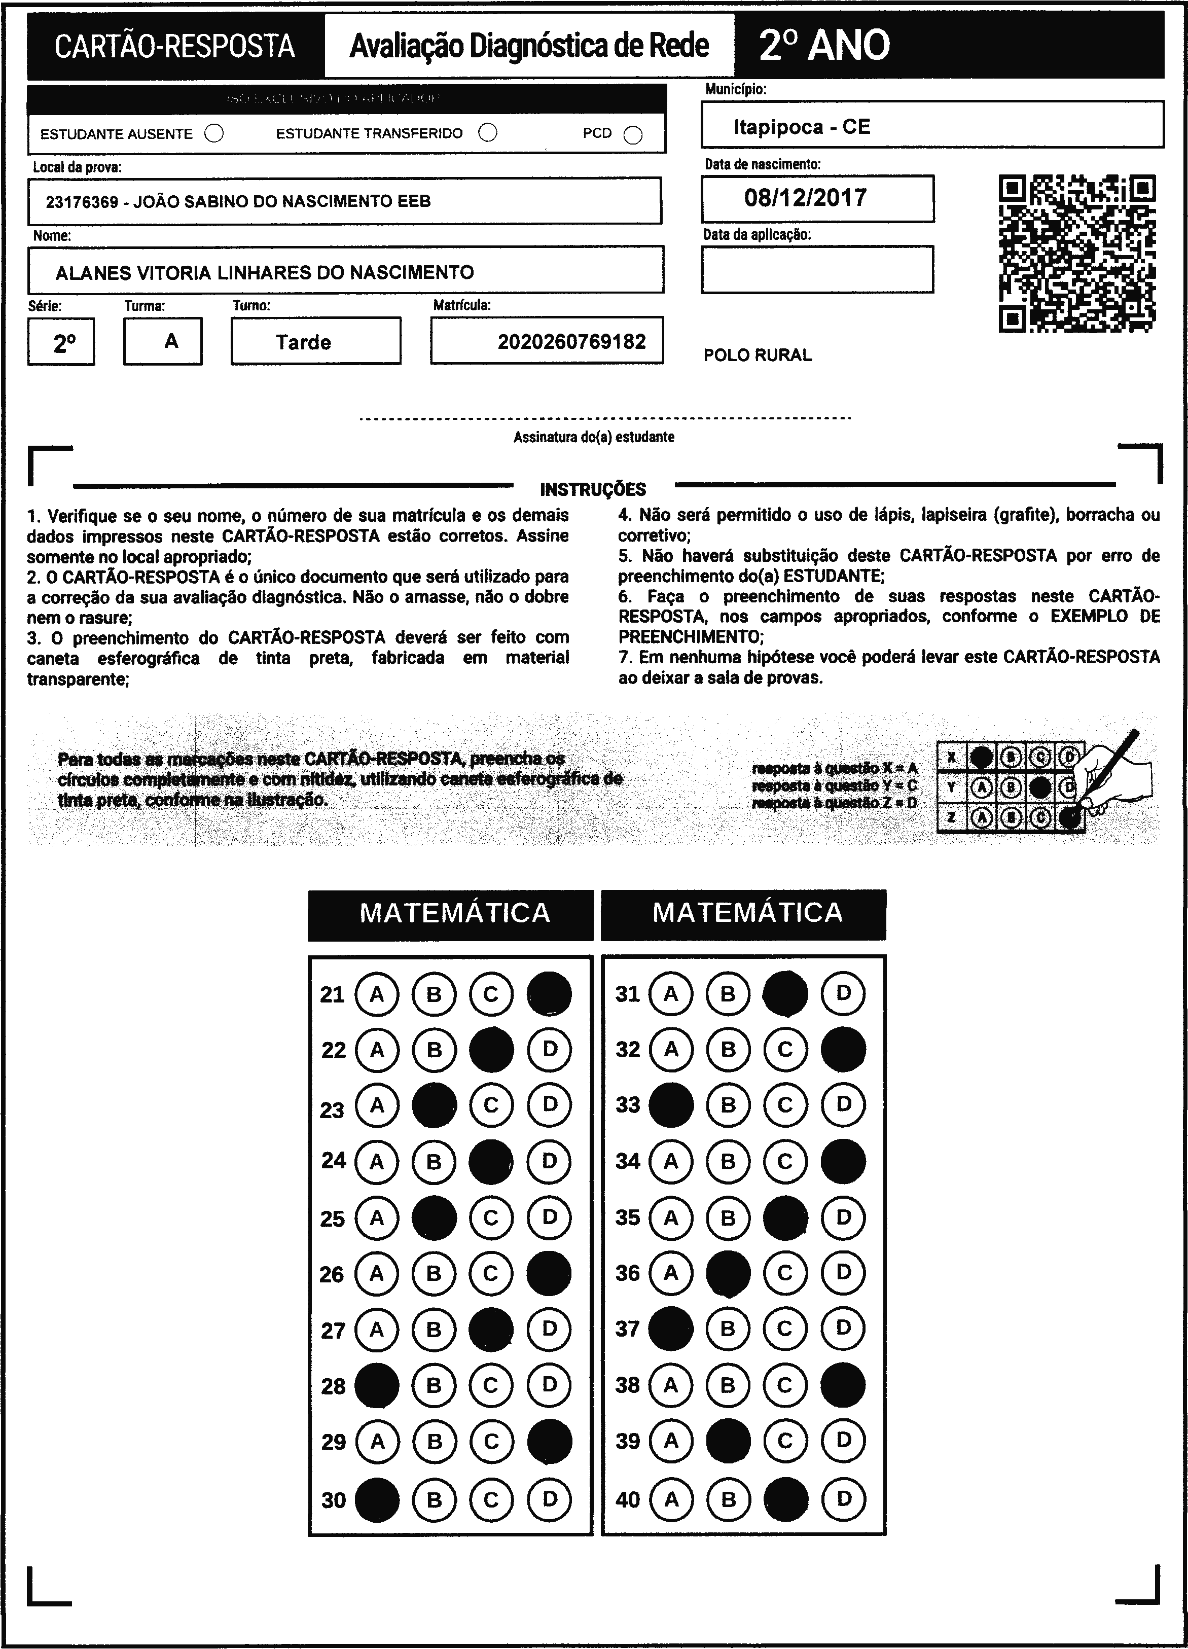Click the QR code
pos(1077,254)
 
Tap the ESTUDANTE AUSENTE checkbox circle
pos(214,134)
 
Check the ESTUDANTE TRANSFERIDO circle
pos(488,133)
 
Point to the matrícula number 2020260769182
pos(571,342)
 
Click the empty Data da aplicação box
pos(817,270)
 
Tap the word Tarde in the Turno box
pos(303,342)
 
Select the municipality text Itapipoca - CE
pos(801,127)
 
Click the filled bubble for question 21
pos(549,994)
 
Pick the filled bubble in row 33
pos(670,1105)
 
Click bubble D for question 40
pos(843,1499)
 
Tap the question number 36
pos(627,1273)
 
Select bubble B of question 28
pos(434,1386)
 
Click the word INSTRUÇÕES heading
pos(593,489)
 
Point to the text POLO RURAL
pos(758,355)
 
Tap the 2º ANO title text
pos(824,45)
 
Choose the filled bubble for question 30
pos(377,1500)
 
